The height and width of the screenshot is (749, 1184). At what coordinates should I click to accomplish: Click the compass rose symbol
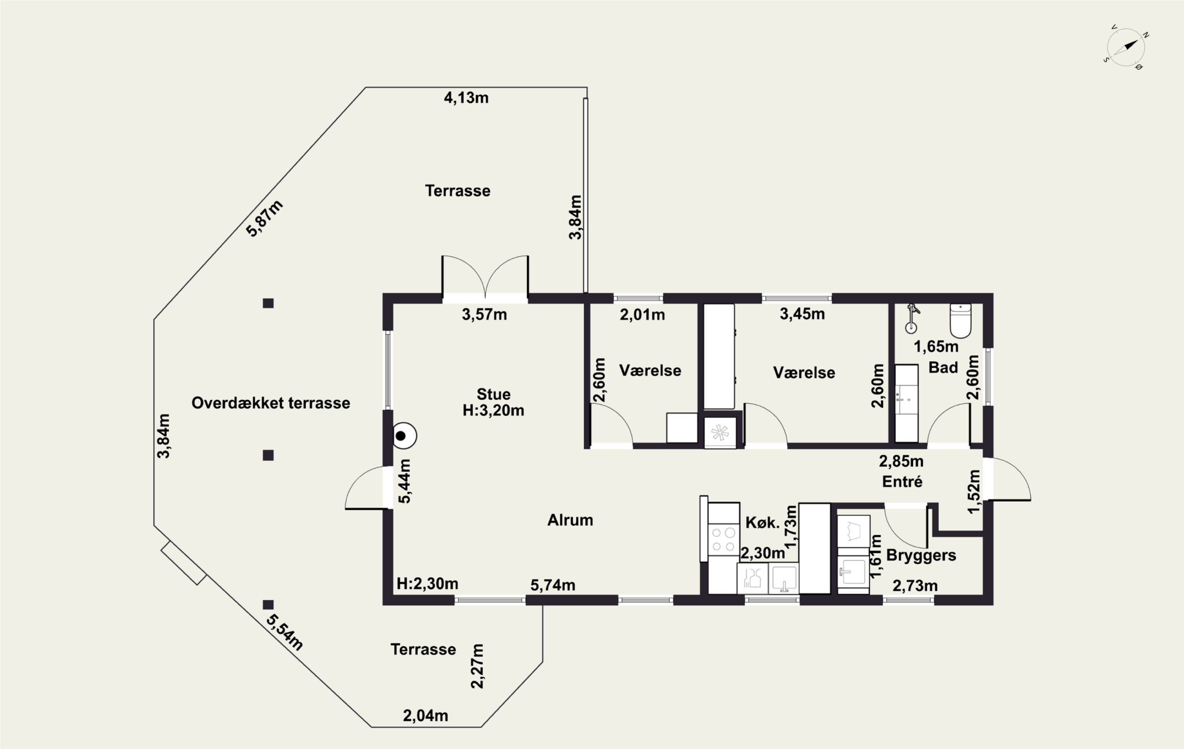click(x=1126, y=48)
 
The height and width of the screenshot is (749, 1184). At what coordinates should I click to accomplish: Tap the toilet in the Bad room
click(x=960, y=321)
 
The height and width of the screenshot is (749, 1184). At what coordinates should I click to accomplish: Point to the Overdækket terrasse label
click(x=271, y=403)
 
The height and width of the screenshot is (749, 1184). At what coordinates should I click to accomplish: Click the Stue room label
click(x=494, y=394)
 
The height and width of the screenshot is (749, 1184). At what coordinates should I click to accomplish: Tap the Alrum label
click(x=570, y=520)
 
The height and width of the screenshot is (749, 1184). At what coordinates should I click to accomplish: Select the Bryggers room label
click(x=921, y=555)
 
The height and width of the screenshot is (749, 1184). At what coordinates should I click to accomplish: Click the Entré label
click(x=902, y=481)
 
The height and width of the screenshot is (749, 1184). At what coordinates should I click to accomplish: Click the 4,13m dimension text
click(x=466, y=98)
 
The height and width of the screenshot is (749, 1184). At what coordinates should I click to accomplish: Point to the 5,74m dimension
click(x=553, y=585)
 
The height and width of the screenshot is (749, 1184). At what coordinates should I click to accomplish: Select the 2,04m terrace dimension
click(x=425, y=716)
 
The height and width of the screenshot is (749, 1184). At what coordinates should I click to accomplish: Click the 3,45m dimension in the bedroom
click(x=802, y=314)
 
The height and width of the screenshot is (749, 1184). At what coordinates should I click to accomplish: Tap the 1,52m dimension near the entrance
click(x=974, y=491)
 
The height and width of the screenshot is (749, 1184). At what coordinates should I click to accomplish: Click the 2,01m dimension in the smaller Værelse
click(x=642, y=314)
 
